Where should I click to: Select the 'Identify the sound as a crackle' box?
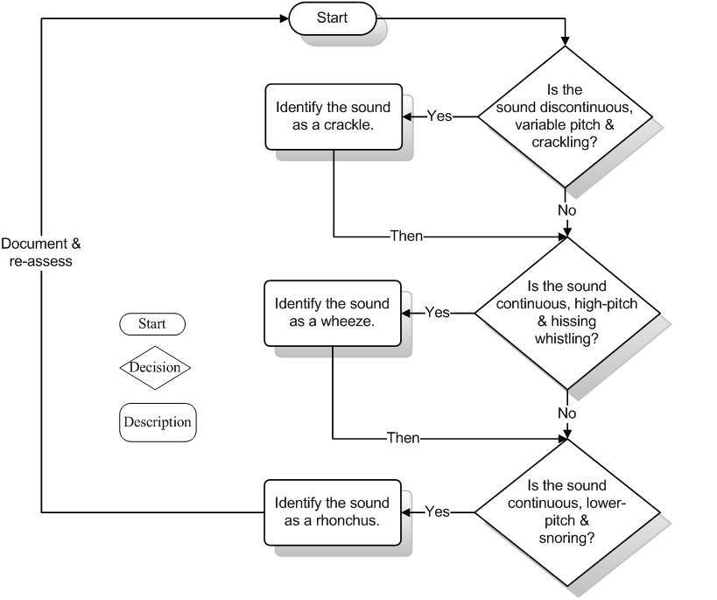(333, 116)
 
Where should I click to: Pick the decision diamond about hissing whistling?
(566, 312)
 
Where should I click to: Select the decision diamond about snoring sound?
(566, 512)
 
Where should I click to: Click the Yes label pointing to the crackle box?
(439, 116)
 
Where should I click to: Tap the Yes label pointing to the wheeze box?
(437, 313)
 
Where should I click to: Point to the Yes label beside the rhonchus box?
(437, 512)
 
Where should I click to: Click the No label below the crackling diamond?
(567, 210)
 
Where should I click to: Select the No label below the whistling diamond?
(567, 413)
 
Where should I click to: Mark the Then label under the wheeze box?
(404, 437)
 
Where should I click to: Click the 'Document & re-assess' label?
(41, 252)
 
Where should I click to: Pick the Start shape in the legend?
(152, 323)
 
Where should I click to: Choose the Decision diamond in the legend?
(155, 367)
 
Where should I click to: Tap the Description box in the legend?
(157, 421)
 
